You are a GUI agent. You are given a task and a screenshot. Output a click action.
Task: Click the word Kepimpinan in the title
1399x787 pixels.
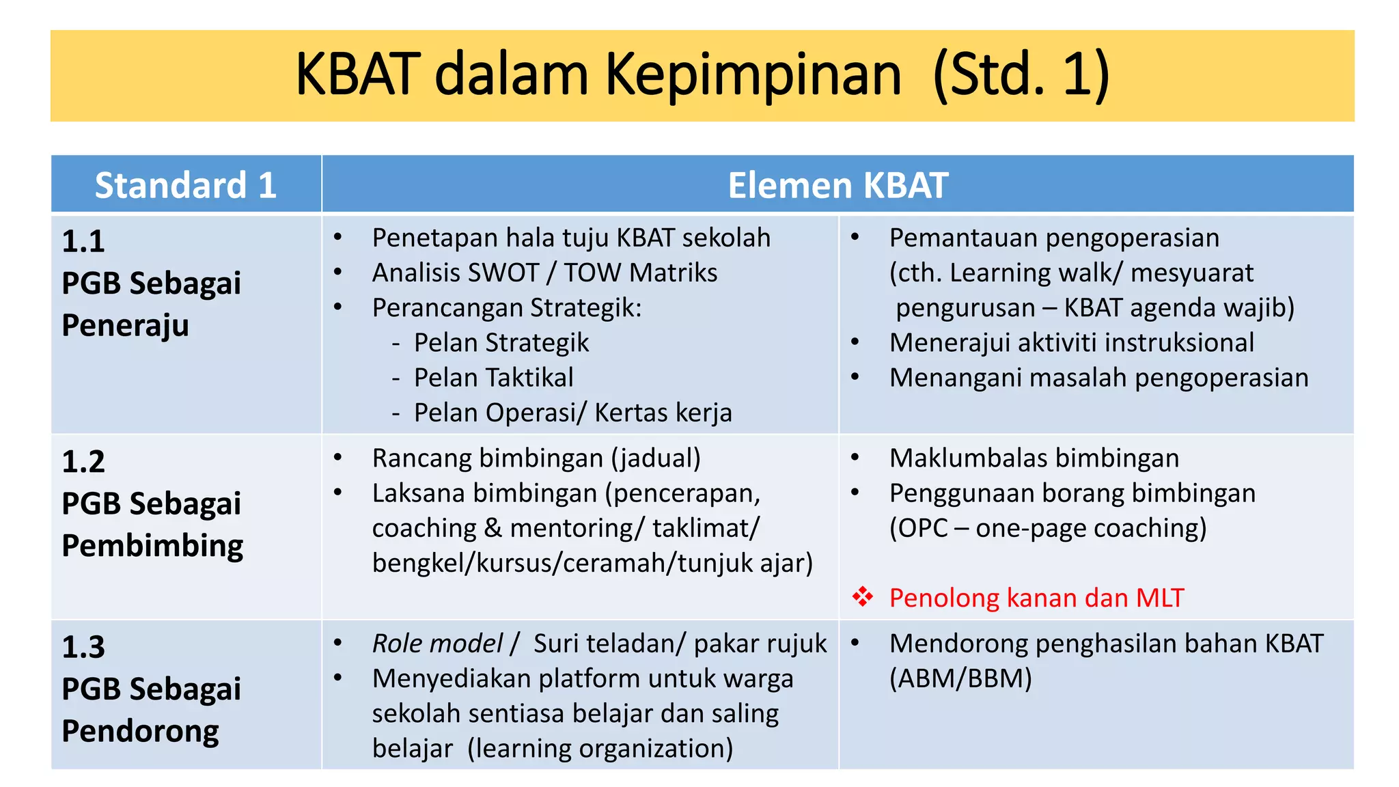tap(753, 75)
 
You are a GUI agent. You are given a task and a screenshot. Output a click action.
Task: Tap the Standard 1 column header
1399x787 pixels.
tap(185, 185)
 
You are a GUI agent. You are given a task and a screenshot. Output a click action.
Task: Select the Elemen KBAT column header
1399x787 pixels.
tap(837, 185)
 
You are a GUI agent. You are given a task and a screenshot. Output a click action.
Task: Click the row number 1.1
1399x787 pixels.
tap(83, 241)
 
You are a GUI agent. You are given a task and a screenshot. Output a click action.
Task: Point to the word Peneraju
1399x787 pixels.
tap(125, 325)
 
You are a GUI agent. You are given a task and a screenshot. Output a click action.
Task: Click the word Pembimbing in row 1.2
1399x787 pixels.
tap(152, 546)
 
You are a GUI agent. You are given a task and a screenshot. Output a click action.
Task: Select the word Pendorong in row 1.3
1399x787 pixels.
tap(140, 731)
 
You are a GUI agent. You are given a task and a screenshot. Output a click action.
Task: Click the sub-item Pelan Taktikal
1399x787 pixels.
tap(493, 378)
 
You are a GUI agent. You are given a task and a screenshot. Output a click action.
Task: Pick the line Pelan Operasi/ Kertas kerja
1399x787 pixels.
tap(572, 413)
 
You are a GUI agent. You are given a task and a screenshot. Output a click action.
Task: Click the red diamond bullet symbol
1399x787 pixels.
tap(862, 597)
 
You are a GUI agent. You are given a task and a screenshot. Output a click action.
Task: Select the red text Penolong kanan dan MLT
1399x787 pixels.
tap(1036, 598)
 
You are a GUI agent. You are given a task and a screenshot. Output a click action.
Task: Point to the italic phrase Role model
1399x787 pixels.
tap(437, 644)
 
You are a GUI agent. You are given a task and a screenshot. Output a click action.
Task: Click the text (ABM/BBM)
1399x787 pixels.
tap(960, 678)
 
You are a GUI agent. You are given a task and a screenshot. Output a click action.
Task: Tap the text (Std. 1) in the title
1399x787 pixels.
tap(1021, 75)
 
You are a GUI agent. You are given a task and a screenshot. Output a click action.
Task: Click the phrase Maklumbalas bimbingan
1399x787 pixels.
tap(1034, 458)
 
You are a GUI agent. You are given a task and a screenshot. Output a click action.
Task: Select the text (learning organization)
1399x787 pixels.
tap(600, 749)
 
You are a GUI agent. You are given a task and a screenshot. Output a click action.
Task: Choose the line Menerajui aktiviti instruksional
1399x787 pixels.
tap(1071, 343)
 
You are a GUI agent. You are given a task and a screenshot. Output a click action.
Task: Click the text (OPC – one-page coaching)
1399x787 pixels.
tap(1048, 528)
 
